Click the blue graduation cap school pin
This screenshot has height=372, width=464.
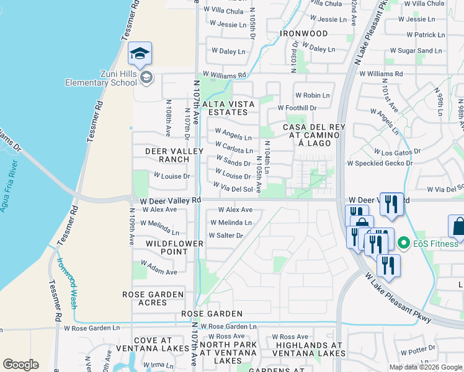click(x=140, y=54)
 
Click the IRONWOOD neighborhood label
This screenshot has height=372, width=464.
click(x=303, y=33)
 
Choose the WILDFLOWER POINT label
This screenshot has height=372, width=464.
click(x=174, y=247)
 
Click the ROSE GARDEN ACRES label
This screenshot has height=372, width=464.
click(x=153, y=298)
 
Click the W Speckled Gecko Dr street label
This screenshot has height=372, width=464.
click(x=380, y=163)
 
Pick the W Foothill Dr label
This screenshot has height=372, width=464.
click(x=297, y=107)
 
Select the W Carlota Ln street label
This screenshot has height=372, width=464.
click(x=234, y=150)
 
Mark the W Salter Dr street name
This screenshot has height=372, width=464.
click(x=226, y=235)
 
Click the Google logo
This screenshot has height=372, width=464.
click(x=20, y=365)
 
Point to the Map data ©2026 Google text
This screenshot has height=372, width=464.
click(x=426, y=367)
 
